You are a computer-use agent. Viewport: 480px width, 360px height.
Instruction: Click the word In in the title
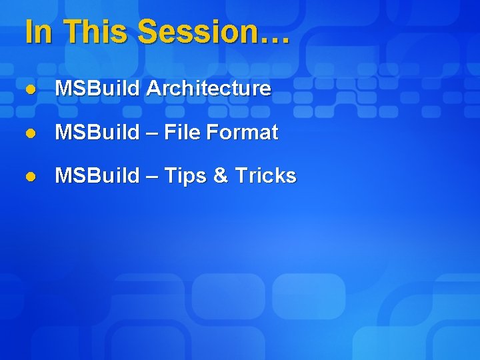coord(38,32)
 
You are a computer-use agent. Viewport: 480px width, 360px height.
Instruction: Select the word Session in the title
coord(196,32)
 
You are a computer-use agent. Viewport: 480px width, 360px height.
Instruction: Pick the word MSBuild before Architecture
coord(97,88)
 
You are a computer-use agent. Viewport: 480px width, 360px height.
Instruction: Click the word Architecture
coord(208,88)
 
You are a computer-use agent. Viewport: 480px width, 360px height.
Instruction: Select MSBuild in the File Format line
coord(97,133)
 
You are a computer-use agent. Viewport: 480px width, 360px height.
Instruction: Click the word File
coord(182,133)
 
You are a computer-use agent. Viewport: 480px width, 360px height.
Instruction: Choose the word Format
coord(242,133)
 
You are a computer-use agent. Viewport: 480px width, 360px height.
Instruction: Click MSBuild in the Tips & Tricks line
coord(97,175)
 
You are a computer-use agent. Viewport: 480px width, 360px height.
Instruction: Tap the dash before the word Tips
coord(151,177)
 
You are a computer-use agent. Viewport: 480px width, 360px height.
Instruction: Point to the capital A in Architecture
coord(152,88)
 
